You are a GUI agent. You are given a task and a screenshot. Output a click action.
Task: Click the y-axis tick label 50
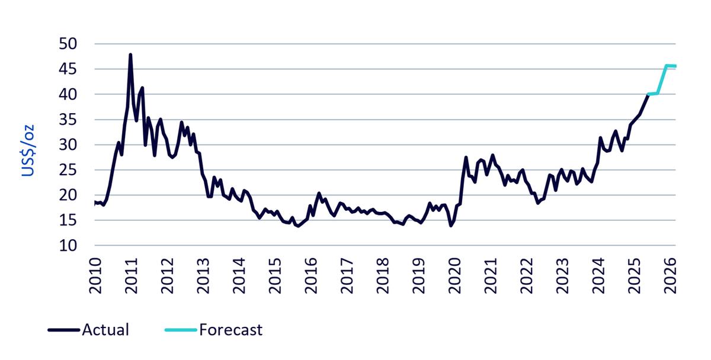[x=68, y=44]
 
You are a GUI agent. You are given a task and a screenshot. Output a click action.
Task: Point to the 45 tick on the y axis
[x=68, y=69]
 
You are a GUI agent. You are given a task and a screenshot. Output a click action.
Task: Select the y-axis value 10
[x=68, y=246]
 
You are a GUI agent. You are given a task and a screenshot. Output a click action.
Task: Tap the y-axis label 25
[x=68, y=170]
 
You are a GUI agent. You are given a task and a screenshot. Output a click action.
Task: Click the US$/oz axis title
[x=28, y=150]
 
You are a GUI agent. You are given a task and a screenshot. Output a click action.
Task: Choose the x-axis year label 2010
[x=95, y=276]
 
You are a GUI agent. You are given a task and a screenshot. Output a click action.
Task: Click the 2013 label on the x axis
[x=203, y=276]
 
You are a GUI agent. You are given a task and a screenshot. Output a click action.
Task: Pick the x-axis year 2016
[x=310, y=276]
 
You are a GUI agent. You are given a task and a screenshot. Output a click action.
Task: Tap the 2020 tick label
[x=454, y=276]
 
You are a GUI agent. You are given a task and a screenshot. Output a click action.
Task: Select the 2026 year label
[x=670, y=276]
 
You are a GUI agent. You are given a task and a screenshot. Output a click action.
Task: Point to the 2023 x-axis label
[x=562, y=276]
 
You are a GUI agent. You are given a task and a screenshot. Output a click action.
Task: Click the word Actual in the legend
[x=105, y=330]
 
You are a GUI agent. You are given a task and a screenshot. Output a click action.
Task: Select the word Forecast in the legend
[x=230, y=330]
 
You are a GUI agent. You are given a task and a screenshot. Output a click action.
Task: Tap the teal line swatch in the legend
[x=181, y=330]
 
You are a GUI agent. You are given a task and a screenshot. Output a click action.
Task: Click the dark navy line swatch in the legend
[x=64, y=330]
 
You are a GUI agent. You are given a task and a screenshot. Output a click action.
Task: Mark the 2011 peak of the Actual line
[x=130, y=55]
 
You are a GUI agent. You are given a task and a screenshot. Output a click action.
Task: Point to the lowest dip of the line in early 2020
[x=451, y=226]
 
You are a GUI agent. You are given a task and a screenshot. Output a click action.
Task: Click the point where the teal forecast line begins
[x=648, y=94]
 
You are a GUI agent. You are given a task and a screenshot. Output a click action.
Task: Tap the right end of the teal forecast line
[x=675, y=66]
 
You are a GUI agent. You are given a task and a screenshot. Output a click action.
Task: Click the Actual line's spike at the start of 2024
[x=600, y=137]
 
